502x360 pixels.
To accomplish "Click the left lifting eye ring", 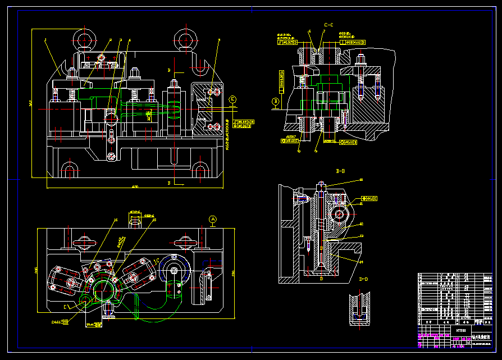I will click(x=83, y=40).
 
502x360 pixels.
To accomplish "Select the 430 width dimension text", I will click(x=135, y=186).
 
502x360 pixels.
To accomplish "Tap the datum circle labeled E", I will click(x=233, y=99).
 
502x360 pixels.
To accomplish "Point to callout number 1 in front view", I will click(x=45, y=40).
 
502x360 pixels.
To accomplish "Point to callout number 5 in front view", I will click(x=219, y=40).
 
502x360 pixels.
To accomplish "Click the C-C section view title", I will click(x=328, y=25).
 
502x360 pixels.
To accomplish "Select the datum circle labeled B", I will click(x=276, y=102).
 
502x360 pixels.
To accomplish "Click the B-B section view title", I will click(x=340, y=170).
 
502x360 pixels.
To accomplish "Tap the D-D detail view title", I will click(x=363, y=279).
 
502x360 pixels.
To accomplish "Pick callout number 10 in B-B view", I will click(x=361, y=180).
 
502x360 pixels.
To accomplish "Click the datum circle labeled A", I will click(x=212, y=218).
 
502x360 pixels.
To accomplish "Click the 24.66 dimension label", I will click(x=56, y=322).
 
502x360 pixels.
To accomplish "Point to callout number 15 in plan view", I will click(x=115, y=220).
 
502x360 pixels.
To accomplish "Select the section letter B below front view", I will click(x=169, y=183).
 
